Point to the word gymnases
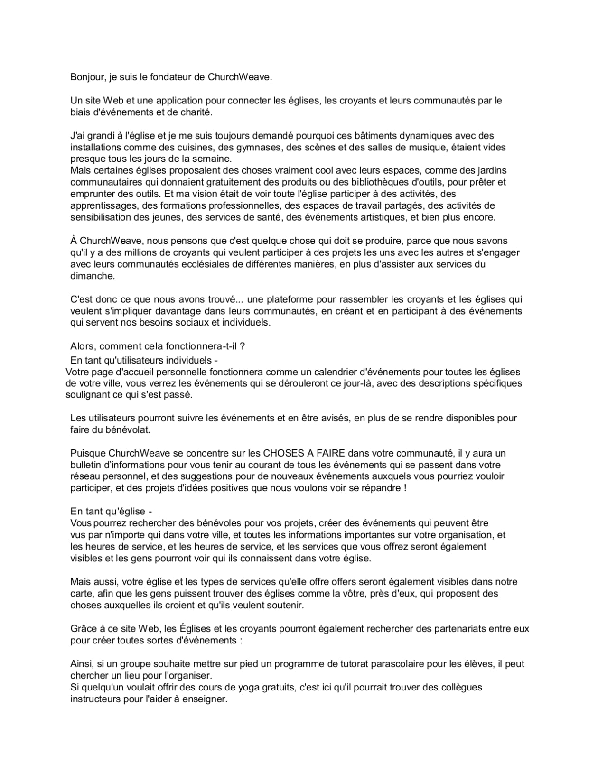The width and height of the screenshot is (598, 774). click(x=261, y=147)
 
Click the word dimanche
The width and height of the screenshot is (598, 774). click(x=93, y=276)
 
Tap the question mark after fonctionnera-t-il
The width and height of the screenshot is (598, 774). click(x=243, y=346)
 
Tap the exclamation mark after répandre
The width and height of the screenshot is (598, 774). click(x=404, y=488)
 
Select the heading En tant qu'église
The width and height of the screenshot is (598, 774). click(x=111, y=512)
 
